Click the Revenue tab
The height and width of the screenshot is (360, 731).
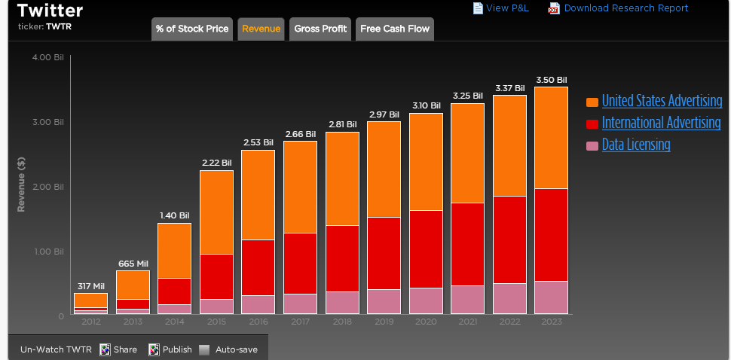pyautogui.click(x=261, y=29)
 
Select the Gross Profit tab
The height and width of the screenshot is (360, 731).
pyautogui.click(x=320, y=29)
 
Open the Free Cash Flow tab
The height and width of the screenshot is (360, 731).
pyautogui.click(x=394, y=29)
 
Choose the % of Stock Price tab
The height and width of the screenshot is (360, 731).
pyautogui.click(x=192, y=29)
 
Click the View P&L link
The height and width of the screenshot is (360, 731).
pyautogui.click(x=507, y=8)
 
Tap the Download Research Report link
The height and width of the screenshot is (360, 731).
pyautogui.click(x=625, y=8)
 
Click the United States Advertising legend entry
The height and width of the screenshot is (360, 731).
pyautogui.click(x=662, y=102)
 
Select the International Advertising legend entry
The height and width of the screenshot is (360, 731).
pyautogui.click(x=661, y=123)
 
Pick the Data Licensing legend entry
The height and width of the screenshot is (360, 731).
pyautogui.click(x=635, y=145)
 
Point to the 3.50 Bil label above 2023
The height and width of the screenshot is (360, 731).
pyautogui.click(x=551, y=80)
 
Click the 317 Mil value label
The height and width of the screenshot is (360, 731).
pyautogui.click(x=90, y=286)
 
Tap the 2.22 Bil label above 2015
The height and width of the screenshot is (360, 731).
pyautogui.click(x=216, y=163)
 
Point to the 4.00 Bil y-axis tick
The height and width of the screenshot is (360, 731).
pyautogui.click(x=48, y=58)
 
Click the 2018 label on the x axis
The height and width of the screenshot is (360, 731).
pyautogui.click(x=341, y=322)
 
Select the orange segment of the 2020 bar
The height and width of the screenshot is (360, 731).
pyautogui.click(x=426, y=161)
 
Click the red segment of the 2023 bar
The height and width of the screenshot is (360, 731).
pyautogui.click(x=551, y=234)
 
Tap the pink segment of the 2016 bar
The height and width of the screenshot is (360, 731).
pyautogui.click(x=258, y=304)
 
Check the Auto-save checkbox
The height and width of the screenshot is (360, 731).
pyautogui.click(x=205, y=349)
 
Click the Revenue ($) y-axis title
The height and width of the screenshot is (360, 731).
pyautogui.click(x=22, y=185)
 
